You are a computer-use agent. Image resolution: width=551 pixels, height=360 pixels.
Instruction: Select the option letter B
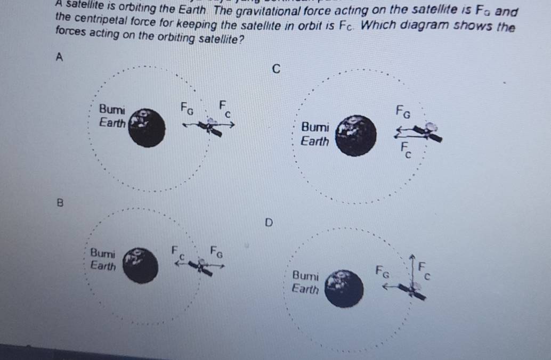(60, 202)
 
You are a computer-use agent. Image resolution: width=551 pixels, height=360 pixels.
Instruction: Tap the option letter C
(275, 69)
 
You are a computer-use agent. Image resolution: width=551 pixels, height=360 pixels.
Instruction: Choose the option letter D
(268, 222)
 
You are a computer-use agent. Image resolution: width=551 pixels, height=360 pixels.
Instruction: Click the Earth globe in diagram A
(145, 128)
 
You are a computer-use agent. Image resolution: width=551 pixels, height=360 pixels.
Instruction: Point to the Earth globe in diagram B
(140, 265)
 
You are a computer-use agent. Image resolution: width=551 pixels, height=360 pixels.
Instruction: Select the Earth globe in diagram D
(344, 288)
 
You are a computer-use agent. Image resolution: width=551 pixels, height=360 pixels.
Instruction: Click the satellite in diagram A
(212, 127)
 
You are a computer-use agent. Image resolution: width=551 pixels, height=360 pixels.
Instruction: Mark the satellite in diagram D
(413, 290)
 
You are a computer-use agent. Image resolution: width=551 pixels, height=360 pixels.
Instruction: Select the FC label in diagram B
(177, 252)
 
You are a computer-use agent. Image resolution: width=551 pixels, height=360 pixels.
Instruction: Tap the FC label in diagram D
(424, 270)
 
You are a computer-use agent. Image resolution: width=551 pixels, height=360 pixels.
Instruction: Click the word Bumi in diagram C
(315, 128)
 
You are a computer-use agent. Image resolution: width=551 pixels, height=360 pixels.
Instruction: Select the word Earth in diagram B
(103, 265)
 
